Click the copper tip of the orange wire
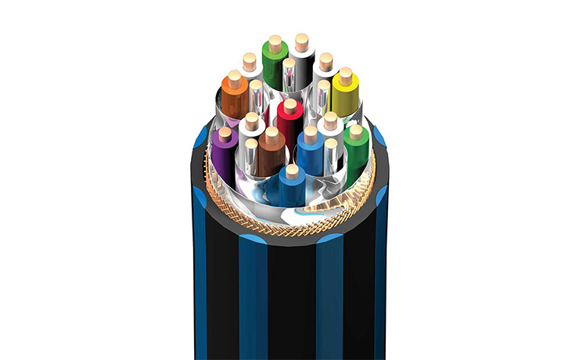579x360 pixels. click(x=233, y=79)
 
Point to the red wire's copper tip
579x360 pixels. click(x=290, y=105)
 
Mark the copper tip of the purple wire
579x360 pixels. click(x=225, y=133)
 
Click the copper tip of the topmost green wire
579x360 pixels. click(x=275, y=42)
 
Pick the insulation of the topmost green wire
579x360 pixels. click(x=274, y=67)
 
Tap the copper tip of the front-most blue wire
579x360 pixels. click(x=292, y=171)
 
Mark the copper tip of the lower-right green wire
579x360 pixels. click(x=356, y=131)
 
